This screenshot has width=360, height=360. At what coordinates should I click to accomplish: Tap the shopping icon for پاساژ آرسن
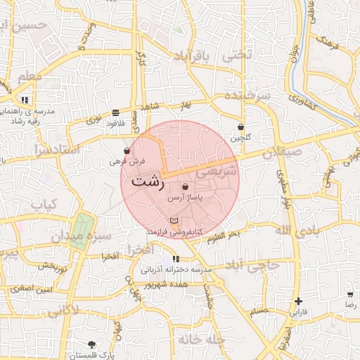(x=185, y=188)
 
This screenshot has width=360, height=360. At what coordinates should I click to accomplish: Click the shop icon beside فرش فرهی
(x=127, y=150)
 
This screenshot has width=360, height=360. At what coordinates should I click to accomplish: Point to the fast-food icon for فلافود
(x=115, y=113)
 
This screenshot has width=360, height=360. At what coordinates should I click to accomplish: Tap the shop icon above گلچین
(x=241, y=127)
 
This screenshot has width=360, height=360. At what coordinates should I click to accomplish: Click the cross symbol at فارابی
(x=299, y=301)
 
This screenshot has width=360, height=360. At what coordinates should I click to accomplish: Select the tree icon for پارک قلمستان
(x=92, y=344)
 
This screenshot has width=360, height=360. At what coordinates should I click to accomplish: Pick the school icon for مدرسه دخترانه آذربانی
(x=176, y=259)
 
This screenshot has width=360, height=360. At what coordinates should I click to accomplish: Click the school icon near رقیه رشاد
(x=25, y=101)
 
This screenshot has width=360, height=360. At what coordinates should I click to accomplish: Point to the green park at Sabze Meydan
(x=84, y=224)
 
